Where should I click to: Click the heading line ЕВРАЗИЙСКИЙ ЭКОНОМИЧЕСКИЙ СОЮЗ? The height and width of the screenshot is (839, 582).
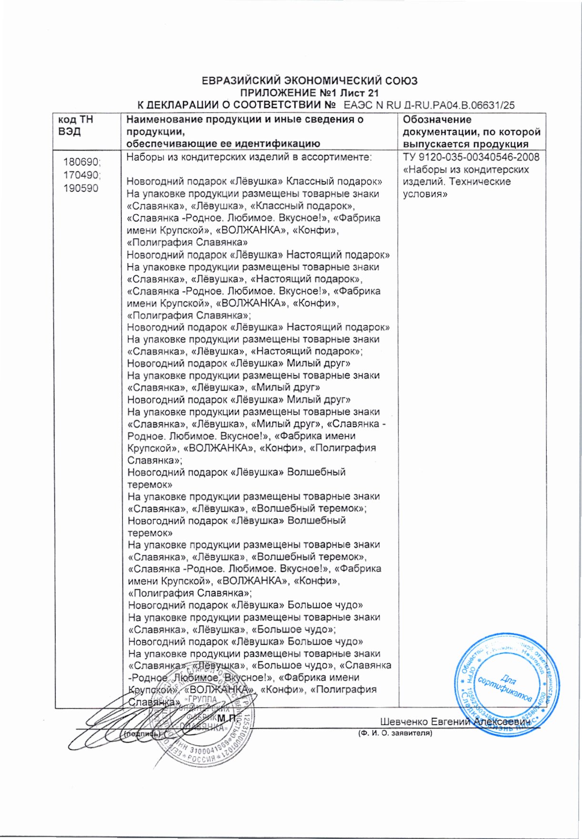pos(310,81)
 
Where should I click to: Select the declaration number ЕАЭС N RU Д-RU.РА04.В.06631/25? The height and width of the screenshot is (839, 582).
pos(429,106)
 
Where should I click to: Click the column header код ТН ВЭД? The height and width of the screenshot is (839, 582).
pos(76,126)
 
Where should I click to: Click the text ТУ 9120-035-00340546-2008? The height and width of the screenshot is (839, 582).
pos(471,158)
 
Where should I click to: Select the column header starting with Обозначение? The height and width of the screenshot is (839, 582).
pos(472,132)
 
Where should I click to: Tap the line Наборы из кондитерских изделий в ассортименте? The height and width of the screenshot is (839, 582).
pos(249,158)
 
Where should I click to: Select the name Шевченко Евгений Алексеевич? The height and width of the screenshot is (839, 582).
pos(455,722)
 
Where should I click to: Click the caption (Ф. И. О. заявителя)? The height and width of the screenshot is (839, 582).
pos(395,734)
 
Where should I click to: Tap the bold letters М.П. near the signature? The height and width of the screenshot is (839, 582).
pos(227,718)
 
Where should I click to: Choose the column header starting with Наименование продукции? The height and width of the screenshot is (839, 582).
pos(245,132)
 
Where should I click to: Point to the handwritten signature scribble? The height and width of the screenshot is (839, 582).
pos(110,729)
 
